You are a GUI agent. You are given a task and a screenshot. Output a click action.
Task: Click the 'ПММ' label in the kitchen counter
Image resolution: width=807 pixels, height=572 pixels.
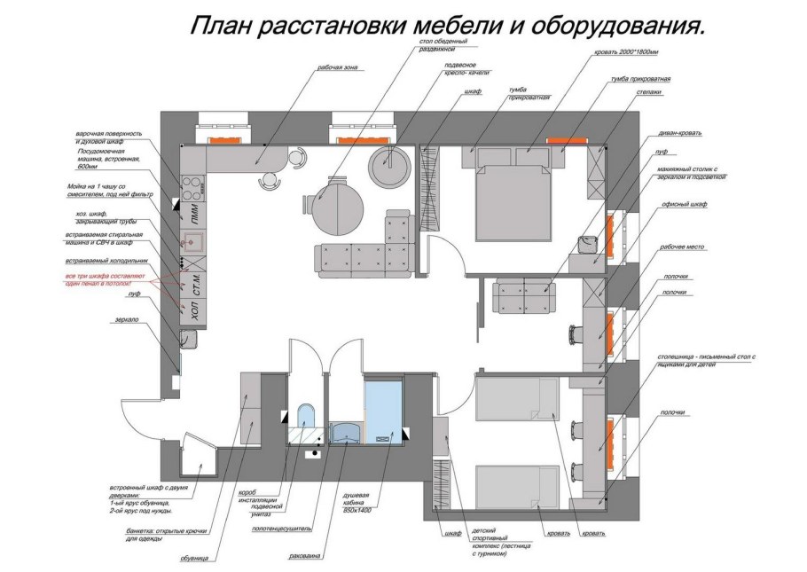194,213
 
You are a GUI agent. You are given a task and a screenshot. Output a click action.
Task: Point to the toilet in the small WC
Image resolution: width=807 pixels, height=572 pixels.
305,418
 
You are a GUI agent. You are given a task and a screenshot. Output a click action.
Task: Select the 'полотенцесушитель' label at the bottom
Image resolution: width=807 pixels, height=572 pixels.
280,529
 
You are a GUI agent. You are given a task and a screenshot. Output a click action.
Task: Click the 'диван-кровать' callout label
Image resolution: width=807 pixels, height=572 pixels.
680,133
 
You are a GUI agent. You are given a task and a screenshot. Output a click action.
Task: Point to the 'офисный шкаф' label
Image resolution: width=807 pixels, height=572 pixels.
684,203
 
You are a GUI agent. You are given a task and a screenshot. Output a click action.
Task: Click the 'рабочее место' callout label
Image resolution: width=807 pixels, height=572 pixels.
682,247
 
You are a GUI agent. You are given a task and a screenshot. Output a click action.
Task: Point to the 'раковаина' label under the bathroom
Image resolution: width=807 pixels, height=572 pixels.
305,557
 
